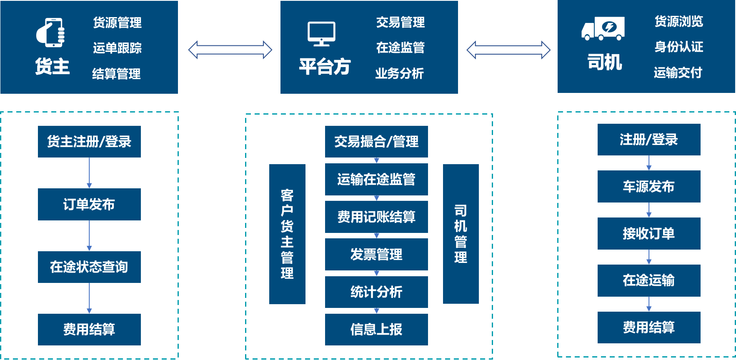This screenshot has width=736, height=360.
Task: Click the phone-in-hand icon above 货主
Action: pos(50,32)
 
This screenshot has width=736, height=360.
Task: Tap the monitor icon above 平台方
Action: pos(321,33)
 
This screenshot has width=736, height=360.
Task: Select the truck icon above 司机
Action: pos(603,28)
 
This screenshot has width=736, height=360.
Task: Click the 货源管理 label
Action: pos(117,22)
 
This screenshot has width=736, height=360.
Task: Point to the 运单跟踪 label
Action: pos(117,48)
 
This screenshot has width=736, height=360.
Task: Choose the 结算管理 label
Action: pos(116,74)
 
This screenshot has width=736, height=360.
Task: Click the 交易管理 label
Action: pos(400,22)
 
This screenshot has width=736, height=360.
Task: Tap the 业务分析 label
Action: pos(399,73)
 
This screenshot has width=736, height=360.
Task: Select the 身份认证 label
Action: pos(678,47)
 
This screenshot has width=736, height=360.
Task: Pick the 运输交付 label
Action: pos(678,72)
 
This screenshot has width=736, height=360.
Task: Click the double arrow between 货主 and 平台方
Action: pos(230,50)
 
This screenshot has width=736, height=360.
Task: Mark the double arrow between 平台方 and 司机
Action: pos(508,50)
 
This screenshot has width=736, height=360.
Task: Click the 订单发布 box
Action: pos(89,204)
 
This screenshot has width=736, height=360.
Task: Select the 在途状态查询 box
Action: pos(89,267)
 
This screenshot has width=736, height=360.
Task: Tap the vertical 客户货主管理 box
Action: pos(287,234)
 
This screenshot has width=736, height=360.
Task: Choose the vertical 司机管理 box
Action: pos(461,234)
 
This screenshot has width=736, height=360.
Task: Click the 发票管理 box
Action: pos(376,254)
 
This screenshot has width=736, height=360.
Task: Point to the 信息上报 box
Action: pos(376,329)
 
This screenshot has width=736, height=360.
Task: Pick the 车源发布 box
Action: pos(648,186)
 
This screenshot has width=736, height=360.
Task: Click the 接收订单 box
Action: pos(648,233)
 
